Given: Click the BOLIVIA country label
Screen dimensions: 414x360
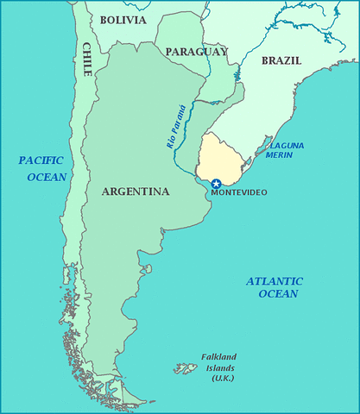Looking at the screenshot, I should point(123,19).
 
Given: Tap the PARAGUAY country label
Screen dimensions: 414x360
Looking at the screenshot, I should point(196,52).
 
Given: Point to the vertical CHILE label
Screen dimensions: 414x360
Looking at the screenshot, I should point(87,59).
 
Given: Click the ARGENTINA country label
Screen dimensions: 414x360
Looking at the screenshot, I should point(135,191).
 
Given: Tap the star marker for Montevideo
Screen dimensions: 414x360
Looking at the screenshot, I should point(216,183).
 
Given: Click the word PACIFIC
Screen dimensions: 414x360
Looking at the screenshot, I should point(40,160).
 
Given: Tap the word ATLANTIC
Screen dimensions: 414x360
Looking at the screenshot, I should point(274,281).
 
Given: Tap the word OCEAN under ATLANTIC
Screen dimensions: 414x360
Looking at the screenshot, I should point(277,294).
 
